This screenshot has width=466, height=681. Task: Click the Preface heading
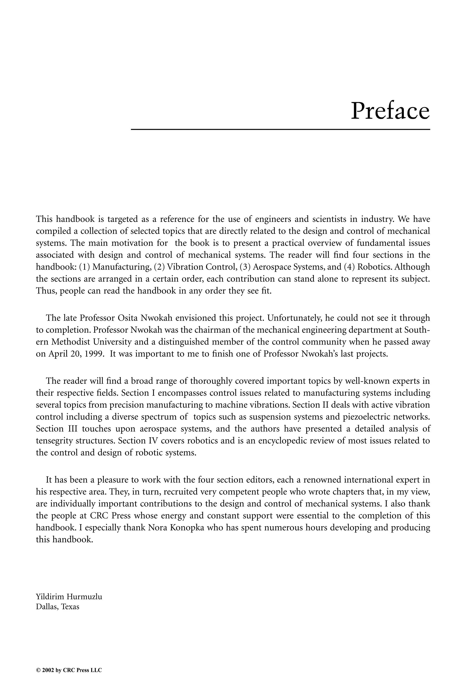tap(390, 111)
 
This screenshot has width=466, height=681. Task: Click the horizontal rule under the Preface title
tap(280, 129)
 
